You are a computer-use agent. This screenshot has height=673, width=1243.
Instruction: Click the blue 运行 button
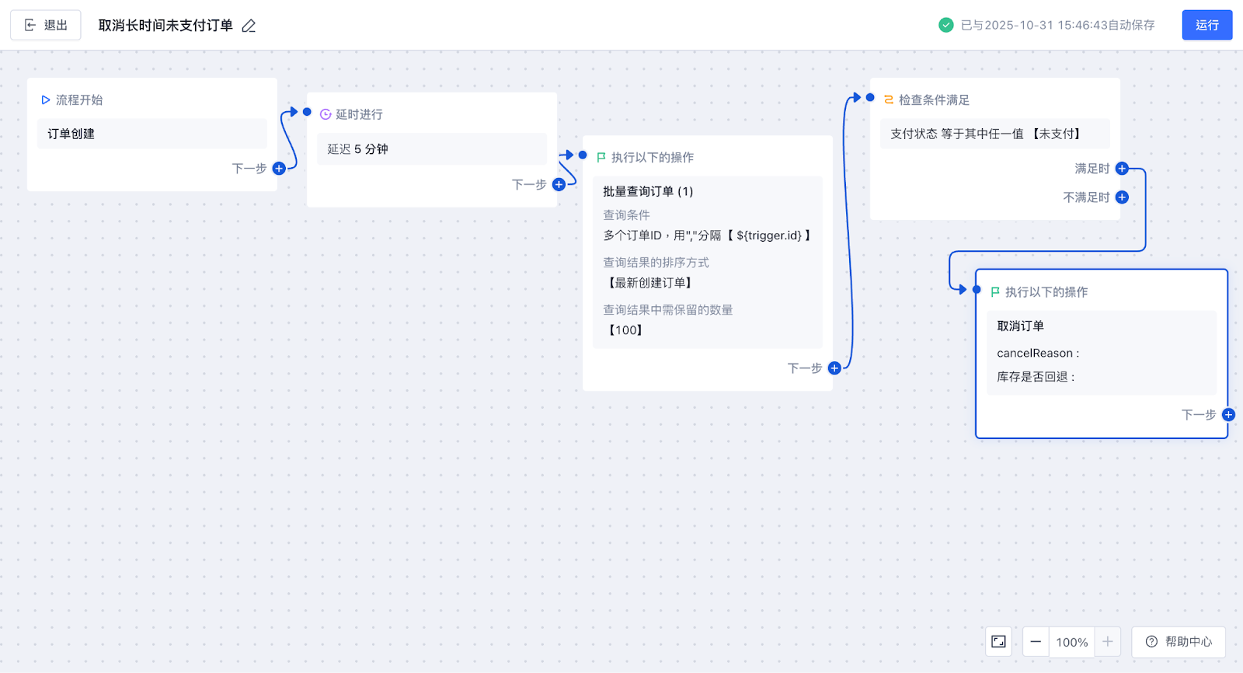coord(1206,25)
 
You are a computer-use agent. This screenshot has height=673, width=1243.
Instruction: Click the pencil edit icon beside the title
coord(249,26)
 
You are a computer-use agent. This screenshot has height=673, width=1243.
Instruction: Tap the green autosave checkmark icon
coord(945,25)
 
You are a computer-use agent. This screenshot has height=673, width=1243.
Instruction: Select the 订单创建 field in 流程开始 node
coord(151,134)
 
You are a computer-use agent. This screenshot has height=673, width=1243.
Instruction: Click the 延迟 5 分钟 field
coord(431,149)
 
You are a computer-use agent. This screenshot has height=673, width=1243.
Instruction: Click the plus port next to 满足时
coord(1122,169)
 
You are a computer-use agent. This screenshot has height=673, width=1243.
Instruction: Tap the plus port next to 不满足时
coord(1122,197)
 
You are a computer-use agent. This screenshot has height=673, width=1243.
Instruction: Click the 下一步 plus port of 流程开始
coord(279,168)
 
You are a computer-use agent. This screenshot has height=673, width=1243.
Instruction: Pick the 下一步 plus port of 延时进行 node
coord(559,184)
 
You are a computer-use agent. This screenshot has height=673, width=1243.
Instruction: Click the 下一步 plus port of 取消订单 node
coord(1228,415)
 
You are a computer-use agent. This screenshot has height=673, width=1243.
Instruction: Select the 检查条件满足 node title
coord(934,99)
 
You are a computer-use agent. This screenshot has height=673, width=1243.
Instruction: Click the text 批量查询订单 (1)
coord(648,191)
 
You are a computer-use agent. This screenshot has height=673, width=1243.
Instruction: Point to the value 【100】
coord(625,330)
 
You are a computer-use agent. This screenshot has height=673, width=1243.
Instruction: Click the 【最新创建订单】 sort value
coord(649,283)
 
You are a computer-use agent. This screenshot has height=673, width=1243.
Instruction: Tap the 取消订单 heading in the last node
coord(1020,326)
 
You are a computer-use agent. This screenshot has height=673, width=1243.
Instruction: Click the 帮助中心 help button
coord(1179,642)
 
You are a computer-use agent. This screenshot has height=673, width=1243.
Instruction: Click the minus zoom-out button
coord(1036,642)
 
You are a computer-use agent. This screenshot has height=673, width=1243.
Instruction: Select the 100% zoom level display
coord(1071,642)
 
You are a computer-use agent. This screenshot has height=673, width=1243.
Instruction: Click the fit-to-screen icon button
coord(998,642)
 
